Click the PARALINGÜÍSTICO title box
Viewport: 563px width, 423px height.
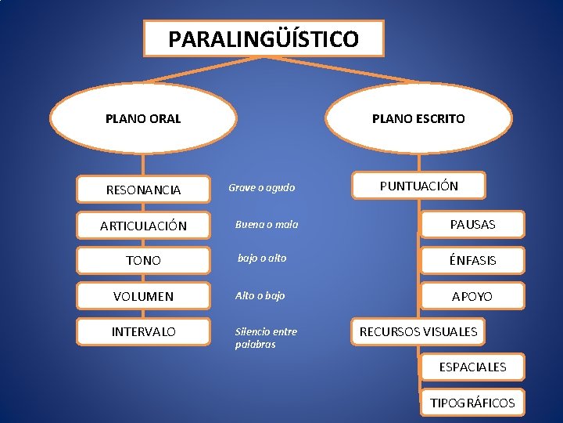coord(264,38)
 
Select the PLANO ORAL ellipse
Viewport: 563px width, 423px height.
coord(143,119)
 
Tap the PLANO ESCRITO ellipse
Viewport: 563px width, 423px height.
coord(418,119)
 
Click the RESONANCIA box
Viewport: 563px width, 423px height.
coord(144,190)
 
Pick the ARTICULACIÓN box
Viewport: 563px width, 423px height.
coord(144,226)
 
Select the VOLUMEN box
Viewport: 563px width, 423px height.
coord(144,297)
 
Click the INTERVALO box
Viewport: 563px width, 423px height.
coord(144,332)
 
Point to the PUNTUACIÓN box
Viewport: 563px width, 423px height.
coord(419,186)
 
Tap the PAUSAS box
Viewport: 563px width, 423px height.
coord(472,225)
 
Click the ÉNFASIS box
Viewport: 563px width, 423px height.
coord(472,260)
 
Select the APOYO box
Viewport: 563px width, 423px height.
coord(472,296)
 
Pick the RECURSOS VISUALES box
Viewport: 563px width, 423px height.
coord(418,331)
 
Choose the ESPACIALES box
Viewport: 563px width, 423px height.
coord(472,367)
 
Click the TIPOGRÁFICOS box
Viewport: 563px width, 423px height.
coord(472,403)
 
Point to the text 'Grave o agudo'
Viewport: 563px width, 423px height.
coord(261,188)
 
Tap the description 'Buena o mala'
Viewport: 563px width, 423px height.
coord(267,225)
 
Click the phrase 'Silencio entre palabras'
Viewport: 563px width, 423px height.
coord(266,338)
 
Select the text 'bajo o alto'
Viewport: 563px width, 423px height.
coord(262,258)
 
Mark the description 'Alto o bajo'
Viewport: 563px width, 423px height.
coord(260,296)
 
